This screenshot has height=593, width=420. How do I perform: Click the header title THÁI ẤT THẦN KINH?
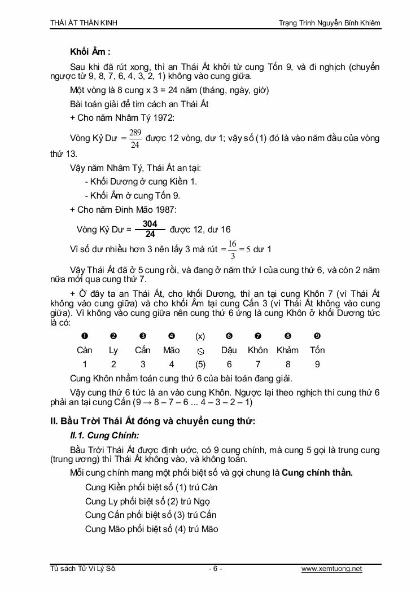84,23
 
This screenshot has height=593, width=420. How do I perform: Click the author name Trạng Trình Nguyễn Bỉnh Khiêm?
330,23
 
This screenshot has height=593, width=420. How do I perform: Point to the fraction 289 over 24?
135,138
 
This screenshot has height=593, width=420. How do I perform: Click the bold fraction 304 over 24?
150,229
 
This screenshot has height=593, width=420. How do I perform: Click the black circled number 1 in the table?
85,336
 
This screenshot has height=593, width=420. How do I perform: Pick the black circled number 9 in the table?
317,336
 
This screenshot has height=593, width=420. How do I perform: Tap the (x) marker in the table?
200,336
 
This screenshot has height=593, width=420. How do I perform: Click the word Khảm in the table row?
287,350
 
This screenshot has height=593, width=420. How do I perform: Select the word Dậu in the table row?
229,350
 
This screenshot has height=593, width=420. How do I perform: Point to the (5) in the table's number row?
200,364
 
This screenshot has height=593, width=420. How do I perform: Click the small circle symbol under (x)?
200,351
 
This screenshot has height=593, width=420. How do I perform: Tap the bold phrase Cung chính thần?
317,472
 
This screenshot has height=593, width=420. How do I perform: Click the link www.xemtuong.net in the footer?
331,569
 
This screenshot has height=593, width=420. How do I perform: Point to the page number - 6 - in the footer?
215,569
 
